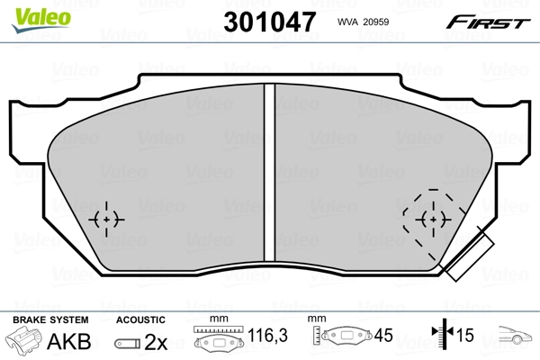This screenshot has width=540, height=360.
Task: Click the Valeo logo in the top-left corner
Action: (x=28, y=10)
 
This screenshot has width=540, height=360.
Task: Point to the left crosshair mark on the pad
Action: (x=108, y=219)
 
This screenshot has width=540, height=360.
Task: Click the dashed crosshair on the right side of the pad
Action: (x=434, y=219)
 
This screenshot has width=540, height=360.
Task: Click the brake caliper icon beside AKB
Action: (x=24, y=342)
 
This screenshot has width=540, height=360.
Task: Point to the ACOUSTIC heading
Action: (x=140, y=319)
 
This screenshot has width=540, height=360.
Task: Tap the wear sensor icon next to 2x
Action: (x=129, y=343)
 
